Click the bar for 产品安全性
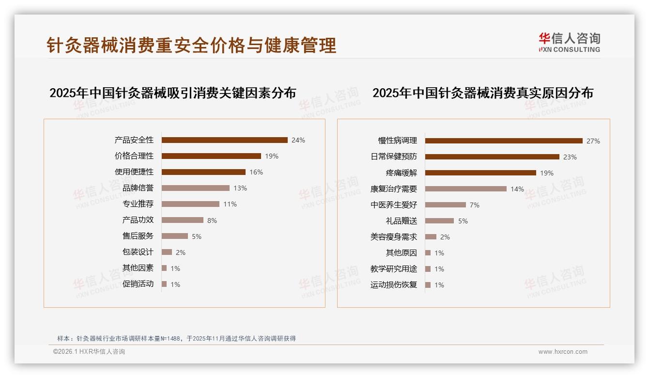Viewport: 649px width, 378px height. coord(224,140)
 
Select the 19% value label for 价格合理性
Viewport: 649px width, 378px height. coord(272,156)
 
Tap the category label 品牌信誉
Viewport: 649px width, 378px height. coord(138,188)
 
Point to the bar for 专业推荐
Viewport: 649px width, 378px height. coord(190,204)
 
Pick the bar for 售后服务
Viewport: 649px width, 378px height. coord(174,236)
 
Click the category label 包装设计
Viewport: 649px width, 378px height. coord(138,252)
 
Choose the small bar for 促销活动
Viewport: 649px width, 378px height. coord(164,284)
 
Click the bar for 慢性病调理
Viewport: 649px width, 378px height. coord(504,141)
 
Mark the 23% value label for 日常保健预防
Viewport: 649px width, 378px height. coord(570,157)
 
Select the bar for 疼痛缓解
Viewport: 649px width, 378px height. coord(480,173)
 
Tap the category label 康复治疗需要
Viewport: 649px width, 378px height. coord(394,189)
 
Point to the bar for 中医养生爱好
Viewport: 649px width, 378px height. coord(445,205)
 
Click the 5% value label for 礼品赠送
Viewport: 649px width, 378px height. coord(463,221)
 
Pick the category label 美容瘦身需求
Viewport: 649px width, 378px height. coord(394,237)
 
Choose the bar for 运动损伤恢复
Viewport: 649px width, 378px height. coord(428,285)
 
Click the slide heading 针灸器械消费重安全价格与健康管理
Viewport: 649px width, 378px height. coord(191,46)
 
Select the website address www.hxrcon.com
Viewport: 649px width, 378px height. coord(563,352)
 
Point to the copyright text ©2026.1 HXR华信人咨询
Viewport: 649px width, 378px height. coord(89,352)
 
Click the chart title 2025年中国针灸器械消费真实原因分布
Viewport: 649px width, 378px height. coord(482,93)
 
